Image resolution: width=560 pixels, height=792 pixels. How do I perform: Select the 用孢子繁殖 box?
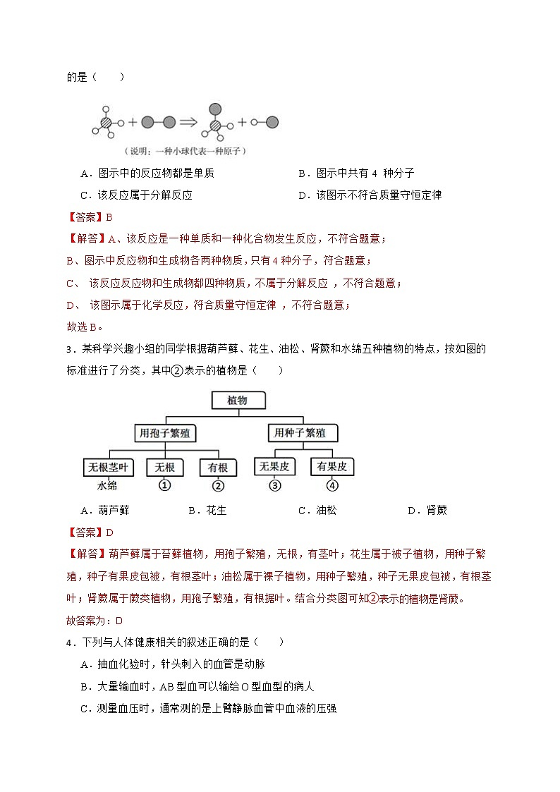pyautogui.click(x=166, y=432)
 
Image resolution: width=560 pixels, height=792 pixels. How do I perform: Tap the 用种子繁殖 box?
pyautogui.click(x=303, y=432)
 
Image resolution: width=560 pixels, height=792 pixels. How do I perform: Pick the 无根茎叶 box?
pyautogui.click(x=107, y=467)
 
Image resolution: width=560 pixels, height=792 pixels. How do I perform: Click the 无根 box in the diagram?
pyautogui.click(x=165, y=467)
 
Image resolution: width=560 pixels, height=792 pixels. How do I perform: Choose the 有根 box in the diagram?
pyautogui.click(x=217, y=467)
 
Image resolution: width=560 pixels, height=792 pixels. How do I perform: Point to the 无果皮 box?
pyautogui.click(x=275, y=466)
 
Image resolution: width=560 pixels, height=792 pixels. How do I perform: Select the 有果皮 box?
pyautogui.click(x=331, y=466)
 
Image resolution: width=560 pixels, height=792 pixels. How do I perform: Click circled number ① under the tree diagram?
pyautogui.click(x=165, y=485)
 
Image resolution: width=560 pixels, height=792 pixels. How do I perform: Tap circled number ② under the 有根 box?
pyautogui.click(x=217, y=485)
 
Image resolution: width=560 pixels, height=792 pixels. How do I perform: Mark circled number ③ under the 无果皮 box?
pyautogui.click(x=275, y=485)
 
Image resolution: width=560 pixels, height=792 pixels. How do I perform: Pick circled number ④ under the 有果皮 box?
pyautogui.click(x=332, y=485)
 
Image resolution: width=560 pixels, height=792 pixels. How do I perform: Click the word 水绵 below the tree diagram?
pyautogui.click(x=107, y=485)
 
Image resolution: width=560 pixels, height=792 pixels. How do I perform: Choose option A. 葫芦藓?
pyautogui.click(x=105, y=510)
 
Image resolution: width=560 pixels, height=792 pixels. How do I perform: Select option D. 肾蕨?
pyautogui.click(x=427, y=510)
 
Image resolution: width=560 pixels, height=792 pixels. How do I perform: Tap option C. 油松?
pyautogui.click(x=317, y=510)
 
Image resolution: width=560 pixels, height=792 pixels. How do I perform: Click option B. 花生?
pyautogui.click(x=207, y=510)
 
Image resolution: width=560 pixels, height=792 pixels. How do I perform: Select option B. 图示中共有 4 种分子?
pyautogui.click(x=366, y=173)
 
